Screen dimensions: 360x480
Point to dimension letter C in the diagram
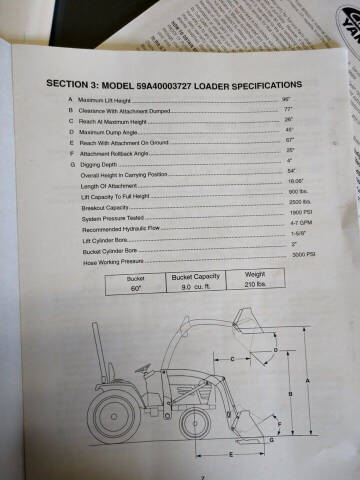[x=232, y=356]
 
